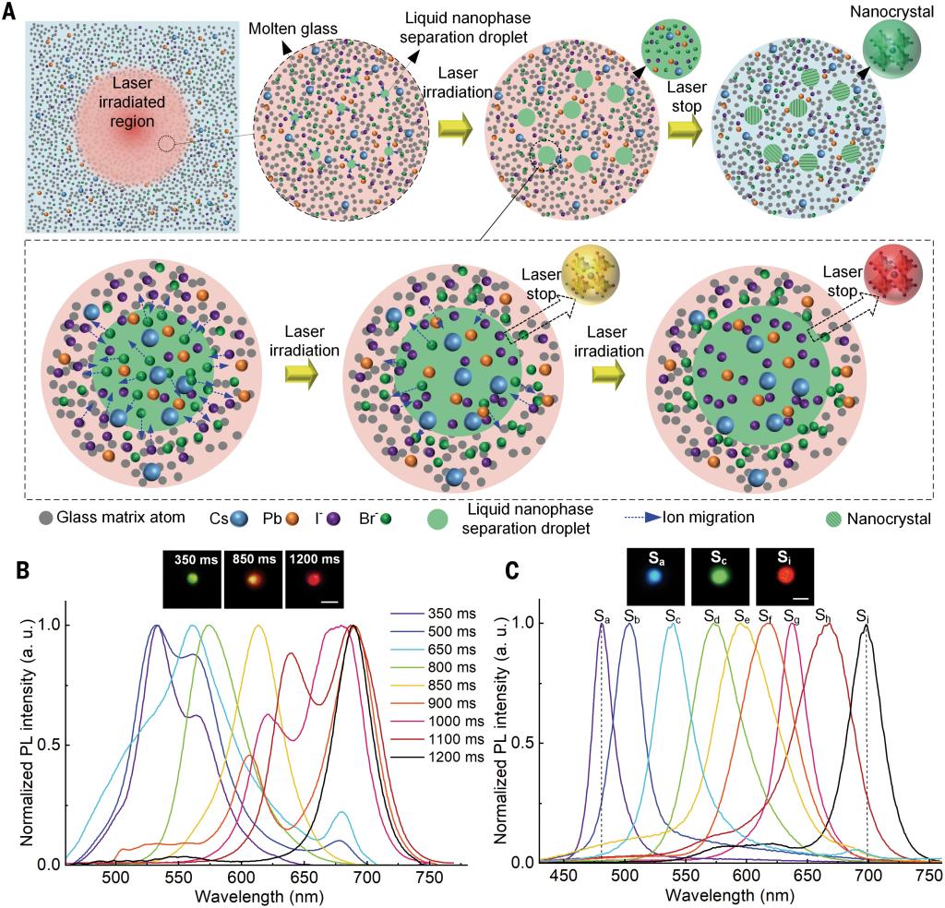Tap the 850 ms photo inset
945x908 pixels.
pyautogui.click(x=253, y=579)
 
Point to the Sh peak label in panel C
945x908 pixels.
pyautogui.click(x=823, y=615)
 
